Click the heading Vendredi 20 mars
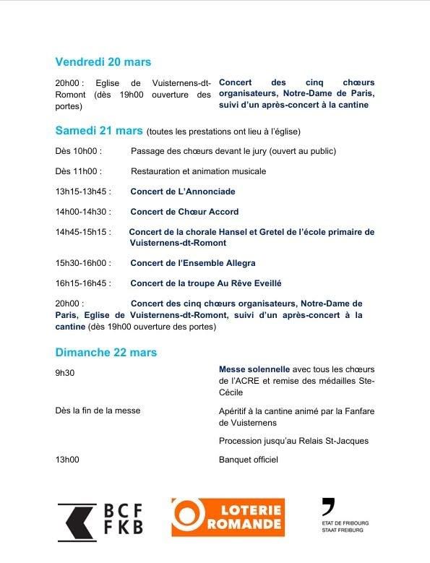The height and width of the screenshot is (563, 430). pyautogui.click(x=103, y=62)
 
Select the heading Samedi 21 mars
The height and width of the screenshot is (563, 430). pyautogui.click(x=99, y=131)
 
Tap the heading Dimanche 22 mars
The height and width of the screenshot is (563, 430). pyautogui.click(x=106, y=353)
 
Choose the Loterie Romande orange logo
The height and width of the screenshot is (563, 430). pyautogui.click(x=228, y=517)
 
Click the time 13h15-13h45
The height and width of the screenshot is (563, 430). pyautogui.click(x=81, y=192)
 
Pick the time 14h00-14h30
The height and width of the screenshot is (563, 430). pyautogui.click(x=81, y=212)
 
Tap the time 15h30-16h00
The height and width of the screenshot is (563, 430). pyautogui.click(x=81, y=263)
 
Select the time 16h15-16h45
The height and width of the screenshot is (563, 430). pyautogui.click(x=81, y=283)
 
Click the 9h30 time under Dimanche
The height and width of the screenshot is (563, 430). pyautogui.click(x=64, y=373)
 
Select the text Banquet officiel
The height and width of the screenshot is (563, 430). pyautogui.click(x=248, y=460)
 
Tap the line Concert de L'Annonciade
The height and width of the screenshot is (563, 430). pyautogui.click(x=183, y=192)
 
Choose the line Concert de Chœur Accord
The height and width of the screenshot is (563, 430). pyautogui.click(x=184, y=212)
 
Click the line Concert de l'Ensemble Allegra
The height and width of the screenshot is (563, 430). pyautogui.click(x=193, y=263)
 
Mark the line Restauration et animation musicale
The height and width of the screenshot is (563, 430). pyautogui.click(x=199, y=171)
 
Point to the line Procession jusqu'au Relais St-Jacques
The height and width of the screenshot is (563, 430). pyautogui.click(x=293, y=441)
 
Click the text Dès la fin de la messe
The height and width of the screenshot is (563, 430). pyautogui.click(x=98, y=411)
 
